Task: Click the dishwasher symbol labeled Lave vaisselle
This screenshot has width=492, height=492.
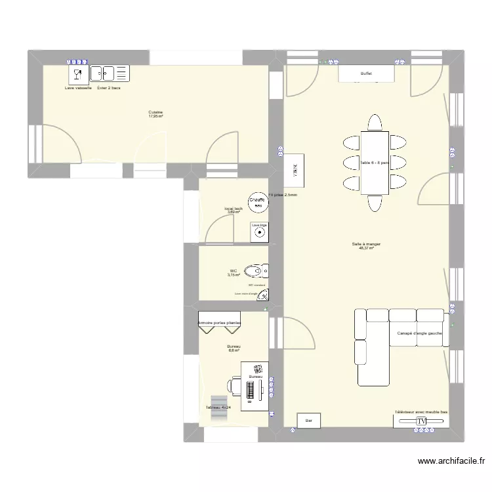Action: (77, 73)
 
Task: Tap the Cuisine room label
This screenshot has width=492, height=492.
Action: (155, 112)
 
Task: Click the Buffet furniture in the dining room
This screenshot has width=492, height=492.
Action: (366, 74)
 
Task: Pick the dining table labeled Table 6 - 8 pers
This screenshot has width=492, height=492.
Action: (375, 162)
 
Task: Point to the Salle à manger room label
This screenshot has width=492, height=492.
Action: (366, 244)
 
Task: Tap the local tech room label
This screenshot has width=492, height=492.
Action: (234, 208)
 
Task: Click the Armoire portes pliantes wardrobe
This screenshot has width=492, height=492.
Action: (220, 323)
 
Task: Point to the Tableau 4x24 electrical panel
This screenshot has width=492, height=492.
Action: (217, 403)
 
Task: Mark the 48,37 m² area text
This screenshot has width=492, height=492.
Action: (366, 249)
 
